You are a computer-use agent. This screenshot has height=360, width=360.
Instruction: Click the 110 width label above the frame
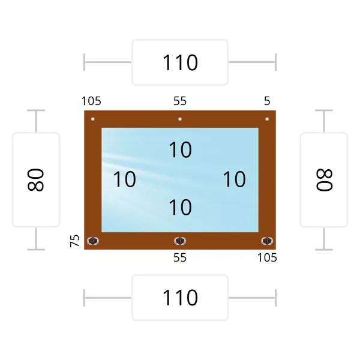pyautogui.click(x=180, y=62)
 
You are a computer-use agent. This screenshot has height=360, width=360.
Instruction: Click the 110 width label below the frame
pyautogui.click(x=180, y=298)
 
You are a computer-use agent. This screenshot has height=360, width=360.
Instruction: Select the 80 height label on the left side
pyautogui.click(x=36, y=180)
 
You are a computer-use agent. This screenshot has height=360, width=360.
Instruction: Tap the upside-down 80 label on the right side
pyautogui.click(x=324, y=180)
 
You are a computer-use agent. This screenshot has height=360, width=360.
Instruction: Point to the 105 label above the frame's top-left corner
pyautogui.click(x=91, y=101)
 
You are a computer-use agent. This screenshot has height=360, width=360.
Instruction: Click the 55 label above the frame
pyautogui.click(x=180, y=101)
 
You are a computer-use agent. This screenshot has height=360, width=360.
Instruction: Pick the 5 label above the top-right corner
pyautogui.click(x=267, y=101)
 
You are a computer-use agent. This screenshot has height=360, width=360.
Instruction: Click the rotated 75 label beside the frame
pyautogui.click(x=74, y=241)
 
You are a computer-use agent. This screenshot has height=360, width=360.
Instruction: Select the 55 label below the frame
pyautogui.click(x=180, y=257)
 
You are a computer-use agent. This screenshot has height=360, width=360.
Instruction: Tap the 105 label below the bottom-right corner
pyautogui.click(x=267, y=257)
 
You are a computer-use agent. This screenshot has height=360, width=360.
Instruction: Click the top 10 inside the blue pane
pyautogui.click(x=180, y=149)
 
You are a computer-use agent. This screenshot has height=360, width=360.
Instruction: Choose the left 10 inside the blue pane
pyautogui.click(x=124, y=179)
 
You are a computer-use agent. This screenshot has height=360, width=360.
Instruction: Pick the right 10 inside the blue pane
pyautogui.click(x=235, y=179)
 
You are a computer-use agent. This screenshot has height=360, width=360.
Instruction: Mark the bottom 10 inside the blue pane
pyautogui.click(x=180, y=208)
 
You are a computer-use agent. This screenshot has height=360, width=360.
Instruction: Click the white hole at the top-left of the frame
pyautogui.click(x=93, y=119)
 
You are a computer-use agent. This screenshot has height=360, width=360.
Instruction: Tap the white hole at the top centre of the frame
pyautogui.click(x=180, y=119)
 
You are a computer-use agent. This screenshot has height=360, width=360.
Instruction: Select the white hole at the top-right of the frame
pyautogui.click(x=267, y=119)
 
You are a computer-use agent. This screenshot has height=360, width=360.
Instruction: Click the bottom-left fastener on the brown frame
pyautogui.click(x=93, y=241)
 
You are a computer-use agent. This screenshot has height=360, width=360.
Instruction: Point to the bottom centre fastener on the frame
pyautogui.click(x=180, y=241)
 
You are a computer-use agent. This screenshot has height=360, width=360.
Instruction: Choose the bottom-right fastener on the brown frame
pyautogui.click(x=267, y=241)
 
